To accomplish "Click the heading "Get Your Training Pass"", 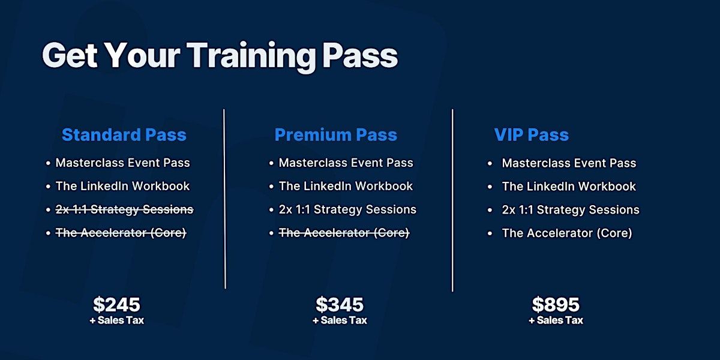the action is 220,56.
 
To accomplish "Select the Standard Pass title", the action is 124,134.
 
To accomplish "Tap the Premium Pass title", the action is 336,134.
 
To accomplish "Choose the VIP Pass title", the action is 532,134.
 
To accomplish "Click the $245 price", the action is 116,304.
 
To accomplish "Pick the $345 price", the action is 340,304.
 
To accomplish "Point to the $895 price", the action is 556,304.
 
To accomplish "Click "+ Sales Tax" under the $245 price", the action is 116,320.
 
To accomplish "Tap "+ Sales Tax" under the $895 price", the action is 556,320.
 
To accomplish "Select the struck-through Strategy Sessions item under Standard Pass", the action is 124,209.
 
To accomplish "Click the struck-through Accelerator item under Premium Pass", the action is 344,233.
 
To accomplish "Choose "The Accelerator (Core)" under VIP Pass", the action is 567,233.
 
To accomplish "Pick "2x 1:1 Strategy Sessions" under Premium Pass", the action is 347,209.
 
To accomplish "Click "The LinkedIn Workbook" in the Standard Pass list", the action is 122,186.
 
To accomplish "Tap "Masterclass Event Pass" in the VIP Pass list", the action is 569,163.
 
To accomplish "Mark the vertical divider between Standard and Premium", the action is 224,199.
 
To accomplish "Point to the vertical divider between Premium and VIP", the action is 452,200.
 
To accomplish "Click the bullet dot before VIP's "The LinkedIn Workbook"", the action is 490,187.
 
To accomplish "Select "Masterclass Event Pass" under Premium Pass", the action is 346,163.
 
